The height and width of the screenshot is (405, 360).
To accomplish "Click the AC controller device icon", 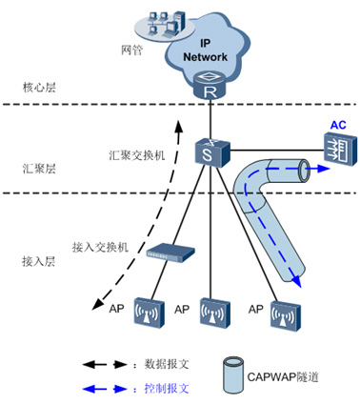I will click(336, 147).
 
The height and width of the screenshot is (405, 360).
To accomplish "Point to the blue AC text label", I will click(337, 125).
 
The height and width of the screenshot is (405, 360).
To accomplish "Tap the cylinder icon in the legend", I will click(230, 375).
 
